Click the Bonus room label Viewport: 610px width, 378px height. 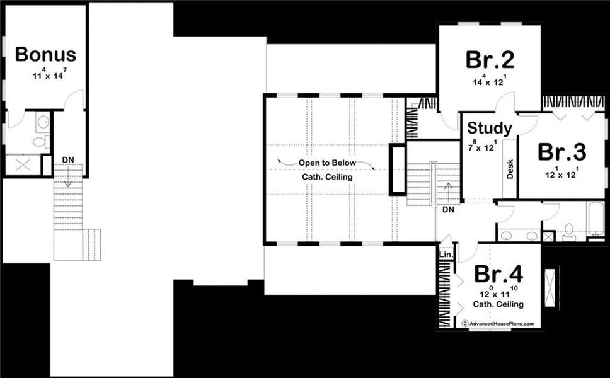point(45,55)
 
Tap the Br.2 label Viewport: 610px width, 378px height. point(490,60)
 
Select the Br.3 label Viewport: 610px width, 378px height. point(562,152)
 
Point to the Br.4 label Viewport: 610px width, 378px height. point(498,274)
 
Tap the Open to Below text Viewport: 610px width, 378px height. point(327,163)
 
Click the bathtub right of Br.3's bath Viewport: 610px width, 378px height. point(595,220)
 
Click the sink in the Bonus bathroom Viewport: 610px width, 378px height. point(43,122)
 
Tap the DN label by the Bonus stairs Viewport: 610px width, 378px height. point(67,159)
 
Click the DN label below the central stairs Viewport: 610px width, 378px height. point(449,209)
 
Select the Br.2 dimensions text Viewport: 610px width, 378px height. point(490,81)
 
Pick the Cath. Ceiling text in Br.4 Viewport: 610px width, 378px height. point(498,304)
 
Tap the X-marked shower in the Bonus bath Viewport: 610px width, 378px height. point(23,165)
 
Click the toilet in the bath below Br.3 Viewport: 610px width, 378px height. point(569,229)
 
